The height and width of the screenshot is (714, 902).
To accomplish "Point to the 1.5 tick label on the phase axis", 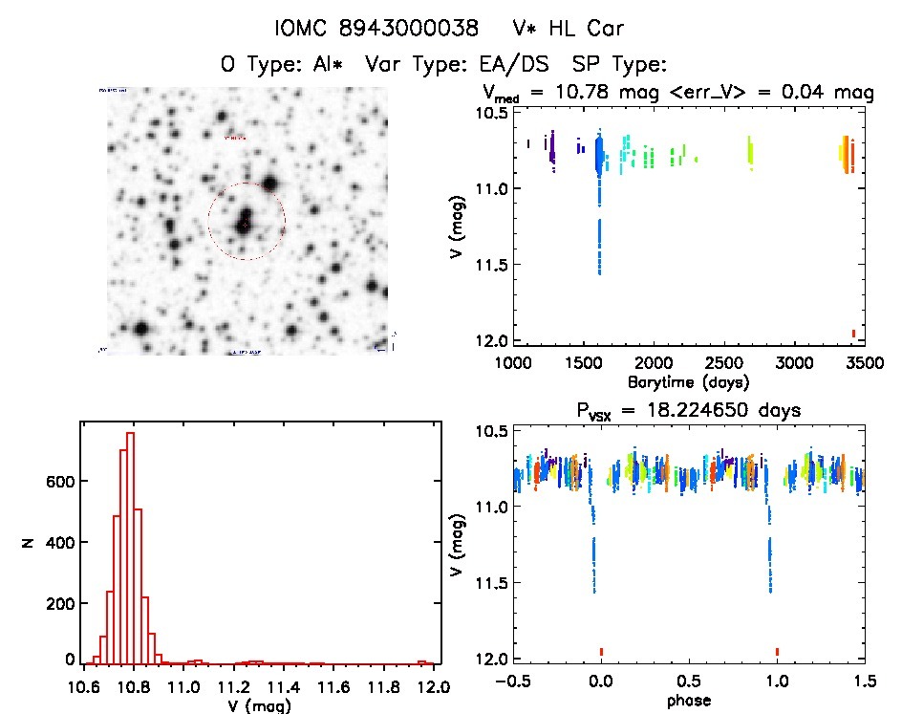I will point(863,682).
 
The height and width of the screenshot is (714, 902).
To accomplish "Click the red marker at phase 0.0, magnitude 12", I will point(601,652).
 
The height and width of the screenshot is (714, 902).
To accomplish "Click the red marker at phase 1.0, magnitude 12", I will point(778,652).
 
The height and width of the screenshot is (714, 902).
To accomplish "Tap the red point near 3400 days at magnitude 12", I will point(853,333).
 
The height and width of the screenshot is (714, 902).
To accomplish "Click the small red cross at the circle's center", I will point(246,224).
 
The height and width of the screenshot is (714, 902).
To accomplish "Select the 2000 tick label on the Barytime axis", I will point(653,364).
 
